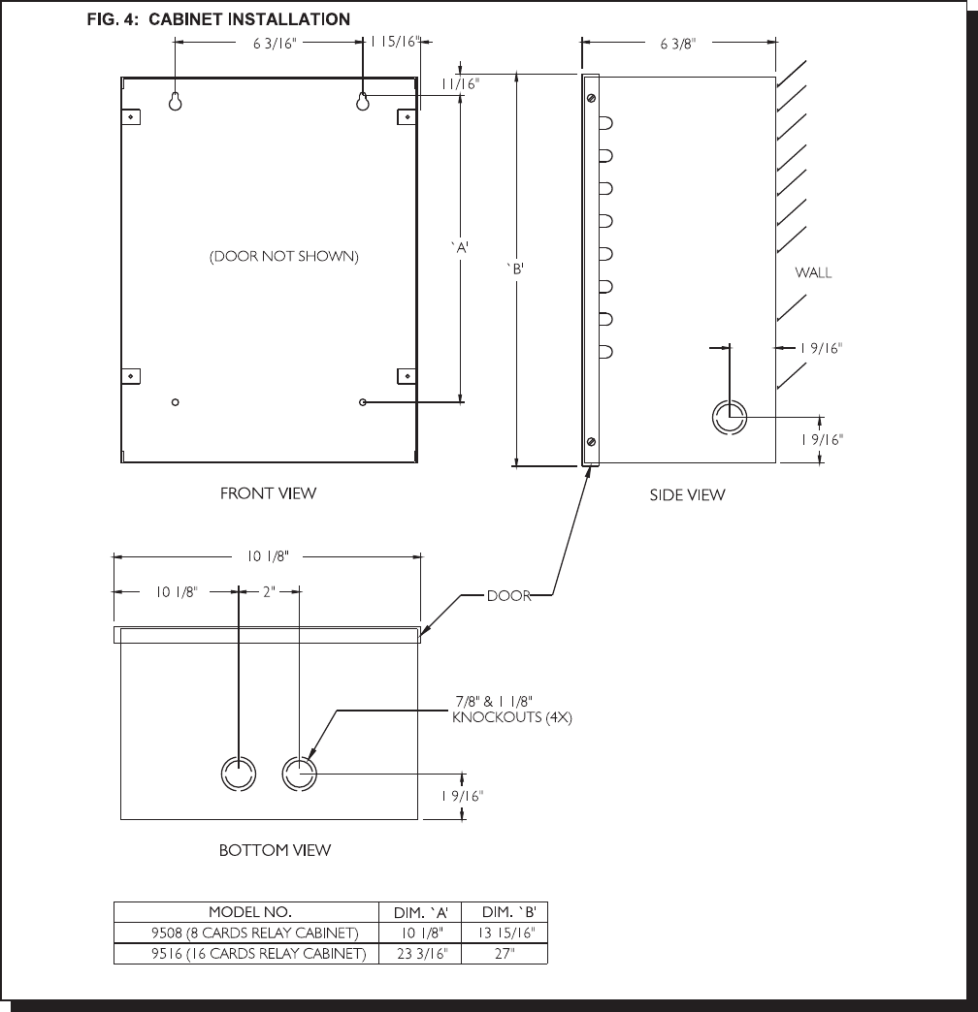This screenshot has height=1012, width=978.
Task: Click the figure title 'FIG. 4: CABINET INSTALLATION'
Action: point(218,19)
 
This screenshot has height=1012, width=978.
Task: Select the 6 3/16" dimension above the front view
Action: point(274,44)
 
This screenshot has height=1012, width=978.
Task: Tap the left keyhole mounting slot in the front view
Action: point(175,102)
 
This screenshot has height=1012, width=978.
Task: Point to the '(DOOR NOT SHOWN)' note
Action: point(283,256)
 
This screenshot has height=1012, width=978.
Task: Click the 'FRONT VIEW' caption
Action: point(268,493)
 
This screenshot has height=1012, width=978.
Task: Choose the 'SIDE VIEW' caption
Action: point(687,495)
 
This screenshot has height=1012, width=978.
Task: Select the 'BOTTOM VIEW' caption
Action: point(275,850)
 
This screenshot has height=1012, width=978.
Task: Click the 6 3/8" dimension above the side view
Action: point(677,44)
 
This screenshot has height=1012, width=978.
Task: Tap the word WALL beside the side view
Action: point(813,272)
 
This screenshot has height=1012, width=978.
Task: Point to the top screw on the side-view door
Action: point(591,98)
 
